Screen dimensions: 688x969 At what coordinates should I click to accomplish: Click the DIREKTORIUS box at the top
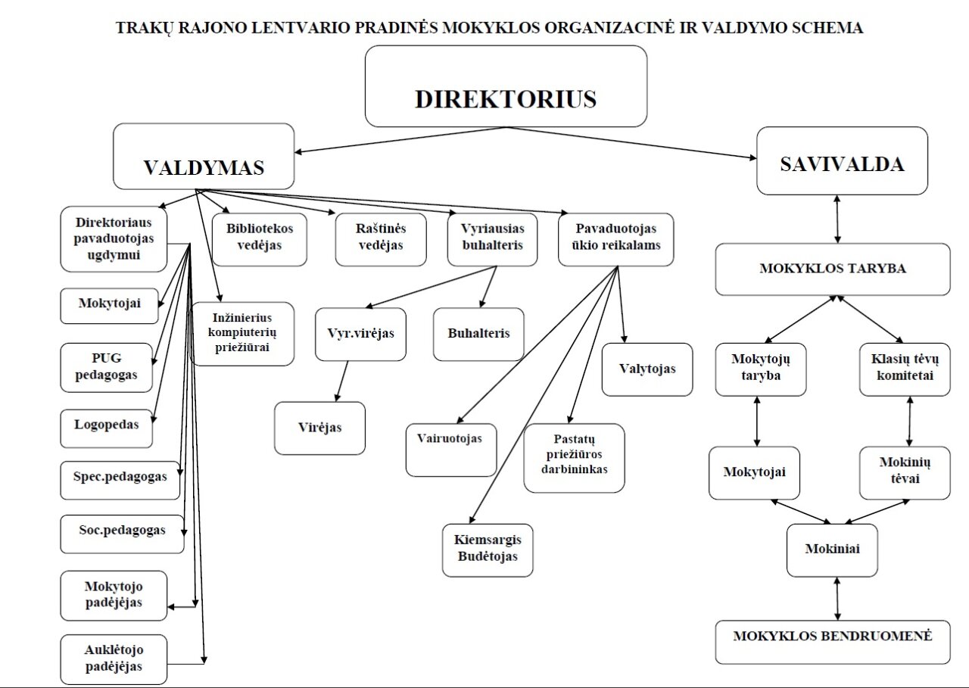tap(506, 86)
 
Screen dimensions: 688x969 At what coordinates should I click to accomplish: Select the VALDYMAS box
tap(204, 157)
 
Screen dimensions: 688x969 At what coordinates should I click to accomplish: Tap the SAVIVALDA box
tap(842, 161)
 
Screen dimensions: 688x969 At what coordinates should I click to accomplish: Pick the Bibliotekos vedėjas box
tap(260, 238)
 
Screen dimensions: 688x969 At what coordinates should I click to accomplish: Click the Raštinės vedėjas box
tap(380, 238)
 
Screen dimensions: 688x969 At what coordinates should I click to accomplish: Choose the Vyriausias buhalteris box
tap(492, 238)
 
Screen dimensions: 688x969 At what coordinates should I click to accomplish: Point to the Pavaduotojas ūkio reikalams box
tap(615, 238)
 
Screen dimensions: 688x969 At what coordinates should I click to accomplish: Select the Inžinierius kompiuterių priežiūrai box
tap(242, 333)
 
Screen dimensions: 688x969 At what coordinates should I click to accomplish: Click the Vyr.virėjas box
tap(360, 334)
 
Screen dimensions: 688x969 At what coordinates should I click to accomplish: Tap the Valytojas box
tap(647, 369)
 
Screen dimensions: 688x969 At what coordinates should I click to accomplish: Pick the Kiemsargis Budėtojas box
tap(487, 549)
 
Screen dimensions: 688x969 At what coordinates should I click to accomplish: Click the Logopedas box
tap(106, 428)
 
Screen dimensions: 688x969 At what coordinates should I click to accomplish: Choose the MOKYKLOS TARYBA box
tap(832, 269)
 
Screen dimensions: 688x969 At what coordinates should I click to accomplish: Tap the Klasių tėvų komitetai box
tap(904, 369)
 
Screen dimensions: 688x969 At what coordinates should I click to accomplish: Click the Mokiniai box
tap(832, 549)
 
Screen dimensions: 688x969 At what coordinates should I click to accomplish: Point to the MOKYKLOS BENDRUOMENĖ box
tap(832, 642)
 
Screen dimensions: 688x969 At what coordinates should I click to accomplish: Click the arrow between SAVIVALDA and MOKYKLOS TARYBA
tap(837, 219)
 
